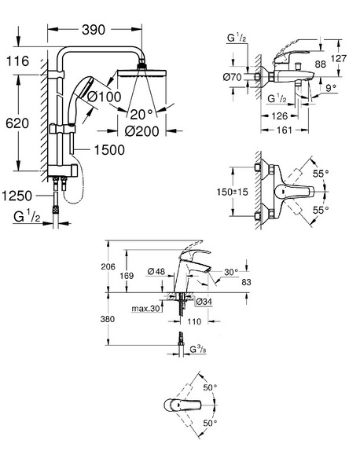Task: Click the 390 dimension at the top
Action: [94, 30]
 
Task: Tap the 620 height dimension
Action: [17, 123]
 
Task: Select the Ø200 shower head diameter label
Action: [141, 131]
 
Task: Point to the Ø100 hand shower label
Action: [105, 97]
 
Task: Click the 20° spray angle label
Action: [141, 115]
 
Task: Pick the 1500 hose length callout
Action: [109, 150]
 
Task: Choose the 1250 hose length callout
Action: [17, 196]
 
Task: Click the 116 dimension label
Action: [17, 61]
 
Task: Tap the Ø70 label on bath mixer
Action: [232, 77]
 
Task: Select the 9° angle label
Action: [331, 88]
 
